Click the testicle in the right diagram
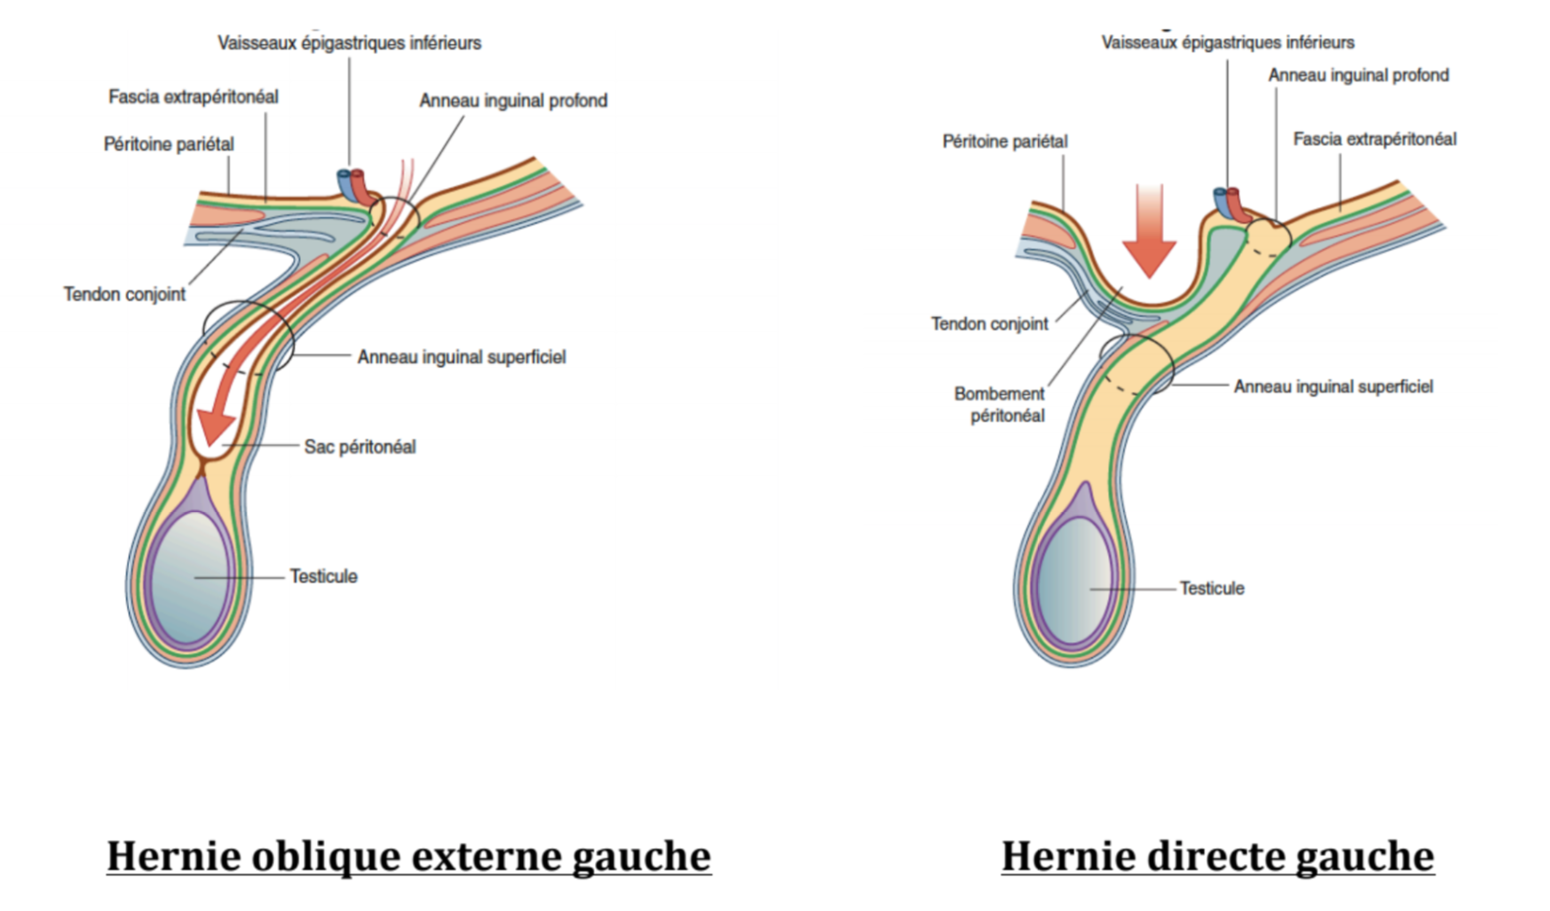[x=1074, y=582]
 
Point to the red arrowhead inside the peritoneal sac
[x=216, y=424]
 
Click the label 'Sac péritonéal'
[x=360, y=447]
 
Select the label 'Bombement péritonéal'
[x=1000, y=404]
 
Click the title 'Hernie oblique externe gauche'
[x=408, y=856]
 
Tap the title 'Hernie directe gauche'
[x=1217, y=856]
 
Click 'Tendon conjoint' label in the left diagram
[x=124, y=294]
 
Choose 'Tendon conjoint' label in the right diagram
[x=989, y=324]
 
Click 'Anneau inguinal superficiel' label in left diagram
[x=461, y=357]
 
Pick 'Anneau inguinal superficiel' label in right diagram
[x=1333, y=386]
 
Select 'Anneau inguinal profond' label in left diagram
[x=513, y=101]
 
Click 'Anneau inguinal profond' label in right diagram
[x=1357, y=75]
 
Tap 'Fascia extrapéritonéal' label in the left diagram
[x=194, y=97]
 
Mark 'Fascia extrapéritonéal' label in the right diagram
[x=1374, y=139]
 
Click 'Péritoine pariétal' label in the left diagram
[x=169, y=144]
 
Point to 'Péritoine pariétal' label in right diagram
[x=1005, y=141]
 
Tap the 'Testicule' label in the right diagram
[x=1212, y=588]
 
